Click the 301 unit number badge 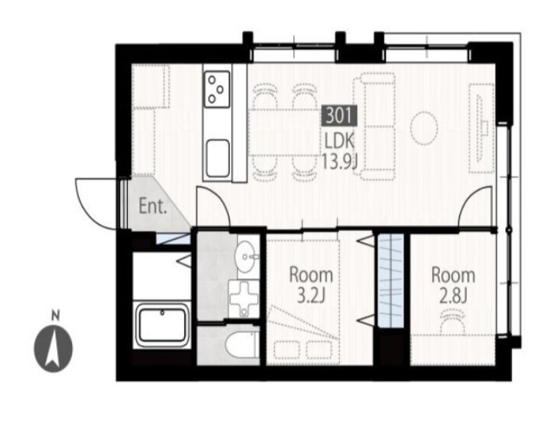click(x=340, y=116)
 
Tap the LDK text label click(x=339, y=142)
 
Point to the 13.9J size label click(x=340, y=162)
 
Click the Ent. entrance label click(x=152, y=206)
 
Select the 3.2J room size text click(x=311, y=295)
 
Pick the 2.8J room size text click(x=453, y=295)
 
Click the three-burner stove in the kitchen click(x=217, y=89)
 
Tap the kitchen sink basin click(x=217, y=158)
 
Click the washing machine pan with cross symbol click(x=244, y=299)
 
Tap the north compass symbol click(x=54, y=348)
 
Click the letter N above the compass click(x=55, y=315)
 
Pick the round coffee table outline click(x=424, y=128)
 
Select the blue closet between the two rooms click(x=390, y=281)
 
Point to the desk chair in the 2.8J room click(x=453, y=321)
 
